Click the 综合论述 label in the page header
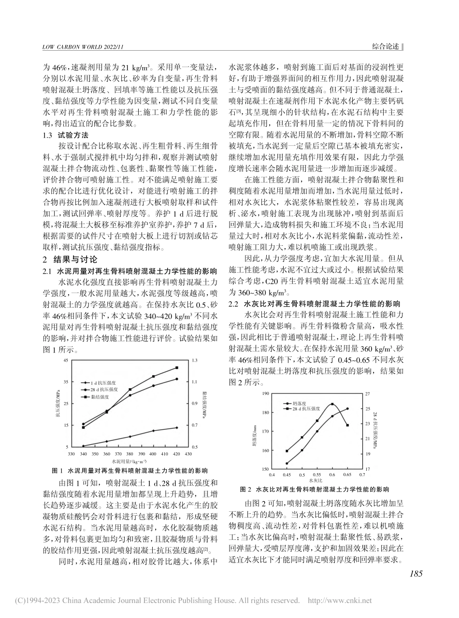point(386,46)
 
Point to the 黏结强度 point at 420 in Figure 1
point(177,367)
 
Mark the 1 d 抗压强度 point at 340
point(83,446)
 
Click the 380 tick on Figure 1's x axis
point(129,454)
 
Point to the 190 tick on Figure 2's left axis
point(265,393)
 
